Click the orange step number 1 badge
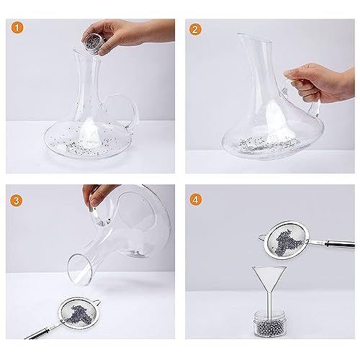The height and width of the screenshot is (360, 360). click(x=17, y=27)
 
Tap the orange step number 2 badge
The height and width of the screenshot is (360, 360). click(x=195, y=30)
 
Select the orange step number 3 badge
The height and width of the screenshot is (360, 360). click(x=16, y=200)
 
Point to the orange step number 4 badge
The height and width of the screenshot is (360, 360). click(x=196, y=199)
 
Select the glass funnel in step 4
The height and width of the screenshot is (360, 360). click(x=269, y=288)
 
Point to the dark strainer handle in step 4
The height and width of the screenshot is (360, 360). click(x=340, y=244)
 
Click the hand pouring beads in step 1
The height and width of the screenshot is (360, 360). click(x=130, y=34)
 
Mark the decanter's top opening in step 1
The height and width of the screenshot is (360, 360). click(x=86, y=56)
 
